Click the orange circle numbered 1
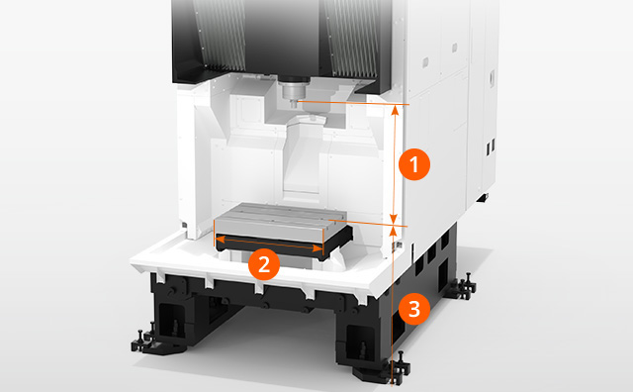point(414,165)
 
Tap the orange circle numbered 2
point(264,264)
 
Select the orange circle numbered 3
point(414,309)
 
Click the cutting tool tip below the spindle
point(294,105)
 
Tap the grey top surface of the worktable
point(279,217)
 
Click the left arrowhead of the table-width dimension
point(222,240)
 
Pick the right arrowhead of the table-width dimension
point(318,248)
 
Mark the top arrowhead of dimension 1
point(396,110)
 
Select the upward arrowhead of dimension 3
point(394,231)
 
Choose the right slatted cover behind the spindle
point(352,39)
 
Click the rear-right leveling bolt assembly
point(464,286)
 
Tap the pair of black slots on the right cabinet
point(490,147)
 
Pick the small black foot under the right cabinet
point(483,197)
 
